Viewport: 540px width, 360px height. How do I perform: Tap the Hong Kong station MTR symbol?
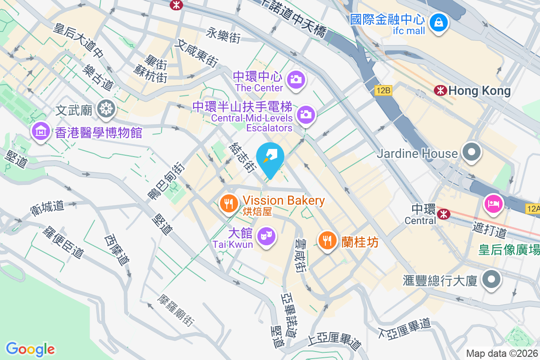pos(440,90)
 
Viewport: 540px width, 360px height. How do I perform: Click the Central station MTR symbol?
pos(444,214)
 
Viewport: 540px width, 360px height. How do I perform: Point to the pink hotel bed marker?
pos(494,204)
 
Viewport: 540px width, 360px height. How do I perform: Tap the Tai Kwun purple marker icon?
pos(267,235)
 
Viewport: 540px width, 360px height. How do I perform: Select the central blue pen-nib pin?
pos(270,157)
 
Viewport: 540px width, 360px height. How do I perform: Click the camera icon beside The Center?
pos(297,80)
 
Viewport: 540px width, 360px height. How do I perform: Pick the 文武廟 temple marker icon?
pos(107,108)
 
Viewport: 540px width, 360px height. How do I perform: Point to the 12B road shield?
pos(383,91)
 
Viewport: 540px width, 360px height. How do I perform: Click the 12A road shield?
pos(532,208)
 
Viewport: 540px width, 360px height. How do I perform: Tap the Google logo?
pos(30,349)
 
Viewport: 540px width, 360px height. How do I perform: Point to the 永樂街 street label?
pos(224,35)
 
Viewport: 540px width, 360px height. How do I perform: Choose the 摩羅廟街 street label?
pos(176,311)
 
